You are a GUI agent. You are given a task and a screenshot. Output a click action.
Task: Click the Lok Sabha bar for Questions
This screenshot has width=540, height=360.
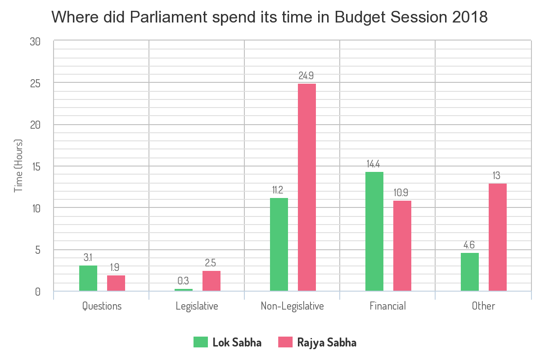click(88, 279)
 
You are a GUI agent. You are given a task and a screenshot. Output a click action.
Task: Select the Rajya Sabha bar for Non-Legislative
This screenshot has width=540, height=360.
click(307, 188)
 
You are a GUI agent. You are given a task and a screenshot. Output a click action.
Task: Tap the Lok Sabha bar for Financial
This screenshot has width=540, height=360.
click(374, 232)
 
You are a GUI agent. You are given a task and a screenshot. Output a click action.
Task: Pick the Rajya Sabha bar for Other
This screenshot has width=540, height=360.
click(498, 237)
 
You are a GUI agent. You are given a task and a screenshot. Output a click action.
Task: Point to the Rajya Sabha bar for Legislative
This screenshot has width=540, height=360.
click(211, 281)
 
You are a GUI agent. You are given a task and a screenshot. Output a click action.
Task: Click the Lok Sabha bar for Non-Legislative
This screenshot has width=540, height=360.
click(279, 245)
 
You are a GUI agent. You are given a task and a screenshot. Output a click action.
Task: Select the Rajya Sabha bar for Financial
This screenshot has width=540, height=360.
click(402, 246)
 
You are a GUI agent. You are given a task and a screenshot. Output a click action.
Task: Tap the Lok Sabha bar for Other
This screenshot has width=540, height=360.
click(470, 272)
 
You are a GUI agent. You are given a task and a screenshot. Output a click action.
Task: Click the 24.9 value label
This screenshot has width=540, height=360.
click(307, 76)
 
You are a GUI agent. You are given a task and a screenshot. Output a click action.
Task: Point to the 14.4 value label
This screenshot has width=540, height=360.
click(374, 164)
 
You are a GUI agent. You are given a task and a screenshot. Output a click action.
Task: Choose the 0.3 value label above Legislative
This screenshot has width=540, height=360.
click(183, 281)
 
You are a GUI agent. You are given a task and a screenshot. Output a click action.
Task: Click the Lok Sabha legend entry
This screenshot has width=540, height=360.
click(228, 342)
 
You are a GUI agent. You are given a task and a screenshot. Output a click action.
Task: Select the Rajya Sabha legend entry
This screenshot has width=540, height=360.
click(318, 342)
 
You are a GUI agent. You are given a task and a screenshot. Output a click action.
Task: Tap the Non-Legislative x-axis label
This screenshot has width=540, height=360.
click(292, 306)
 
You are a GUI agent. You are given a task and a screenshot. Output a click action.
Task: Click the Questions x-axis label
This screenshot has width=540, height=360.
click(102, 306)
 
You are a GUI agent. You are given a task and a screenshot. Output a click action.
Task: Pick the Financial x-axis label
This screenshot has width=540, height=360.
click(388, 306)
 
